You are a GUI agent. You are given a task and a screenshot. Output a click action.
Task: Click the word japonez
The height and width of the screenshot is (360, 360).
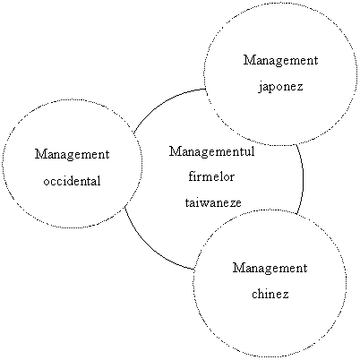[280, 87]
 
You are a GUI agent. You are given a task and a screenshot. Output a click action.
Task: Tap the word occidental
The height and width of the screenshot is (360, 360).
[72, 181]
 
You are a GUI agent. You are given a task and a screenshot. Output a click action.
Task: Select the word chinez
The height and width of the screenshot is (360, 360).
[270, 294]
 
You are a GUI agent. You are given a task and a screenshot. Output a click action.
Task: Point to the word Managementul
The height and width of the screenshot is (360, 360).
[212, 152]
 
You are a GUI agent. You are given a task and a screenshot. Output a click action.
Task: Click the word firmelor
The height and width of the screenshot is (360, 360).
[211, 176]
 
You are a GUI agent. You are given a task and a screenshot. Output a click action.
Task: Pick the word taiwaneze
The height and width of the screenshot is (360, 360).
[213, 202]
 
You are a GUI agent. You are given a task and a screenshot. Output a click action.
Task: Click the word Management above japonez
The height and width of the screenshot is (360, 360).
[280, 61]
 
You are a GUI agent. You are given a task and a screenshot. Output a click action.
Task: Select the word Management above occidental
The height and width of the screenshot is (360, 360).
[72, 155]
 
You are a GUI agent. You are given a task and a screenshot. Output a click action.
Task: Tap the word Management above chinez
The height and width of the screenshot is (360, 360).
[270, 269]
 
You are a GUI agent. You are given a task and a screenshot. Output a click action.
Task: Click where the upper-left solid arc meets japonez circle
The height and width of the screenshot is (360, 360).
[205, 89]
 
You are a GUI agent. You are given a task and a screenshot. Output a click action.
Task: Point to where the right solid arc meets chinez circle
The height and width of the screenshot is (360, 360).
[296, 214]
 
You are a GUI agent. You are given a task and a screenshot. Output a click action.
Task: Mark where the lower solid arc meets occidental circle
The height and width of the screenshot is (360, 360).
[124, 207]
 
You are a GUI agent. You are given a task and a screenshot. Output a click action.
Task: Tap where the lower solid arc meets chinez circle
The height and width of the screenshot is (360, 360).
[194, 270]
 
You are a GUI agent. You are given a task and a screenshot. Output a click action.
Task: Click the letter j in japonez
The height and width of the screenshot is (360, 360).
[261, 88]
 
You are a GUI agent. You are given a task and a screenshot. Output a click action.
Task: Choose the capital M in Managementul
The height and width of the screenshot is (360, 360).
[175, 151]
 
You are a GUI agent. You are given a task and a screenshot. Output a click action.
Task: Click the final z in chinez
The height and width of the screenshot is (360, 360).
[286, 296]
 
